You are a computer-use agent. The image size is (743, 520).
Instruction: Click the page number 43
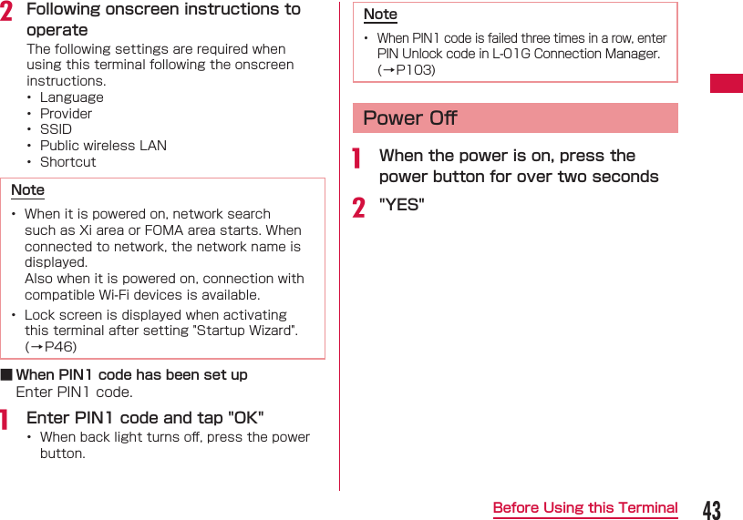tap(711, 510)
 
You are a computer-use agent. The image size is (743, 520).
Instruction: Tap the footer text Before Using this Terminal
tap(585, 508)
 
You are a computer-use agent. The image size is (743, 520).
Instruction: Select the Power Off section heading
tap(410, 118)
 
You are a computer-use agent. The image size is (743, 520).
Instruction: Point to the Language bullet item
tap(71, 97)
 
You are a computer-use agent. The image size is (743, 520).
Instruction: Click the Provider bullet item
tap(66, 114)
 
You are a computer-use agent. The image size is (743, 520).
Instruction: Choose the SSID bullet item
tap(56, 129)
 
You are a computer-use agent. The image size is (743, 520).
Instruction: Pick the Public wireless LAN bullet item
tap(103, 146)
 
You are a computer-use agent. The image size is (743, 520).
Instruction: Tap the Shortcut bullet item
tap(67, 162)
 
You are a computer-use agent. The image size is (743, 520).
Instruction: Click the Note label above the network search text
tap(27, 189)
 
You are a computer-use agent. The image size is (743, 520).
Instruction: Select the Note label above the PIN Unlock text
tap(380, 14)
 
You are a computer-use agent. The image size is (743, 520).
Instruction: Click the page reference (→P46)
tap(51, 347)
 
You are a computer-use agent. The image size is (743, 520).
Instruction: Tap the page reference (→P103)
tap(407, 70)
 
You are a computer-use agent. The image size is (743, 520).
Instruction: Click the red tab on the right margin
tap(727, 83)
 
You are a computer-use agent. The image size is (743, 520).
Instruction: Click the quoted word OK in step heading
tap(245, 418)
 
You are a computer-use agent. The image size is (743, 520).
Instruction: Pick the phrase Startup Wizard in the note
tap(250, 331)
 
